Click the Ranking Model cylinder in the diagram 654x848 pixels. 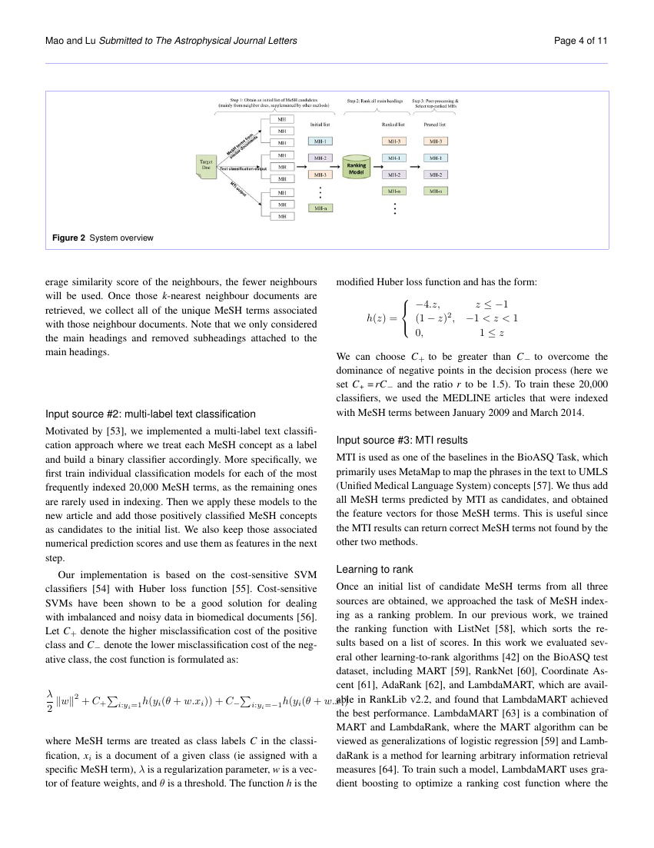(357, 168)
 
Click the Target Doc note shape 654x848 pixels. (207, 167)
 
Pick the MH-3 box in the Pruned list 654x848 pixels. (436, 141)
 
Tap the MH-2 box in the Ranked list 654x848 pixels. (394, 175)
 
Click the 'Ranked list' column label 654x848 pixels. (394, 124)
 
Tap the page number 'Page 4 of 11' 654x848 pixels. (580, 40)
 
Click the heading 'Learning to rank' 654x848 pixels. (375, 570)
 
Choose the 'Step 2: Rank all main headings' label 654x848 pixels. (377, 101)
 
